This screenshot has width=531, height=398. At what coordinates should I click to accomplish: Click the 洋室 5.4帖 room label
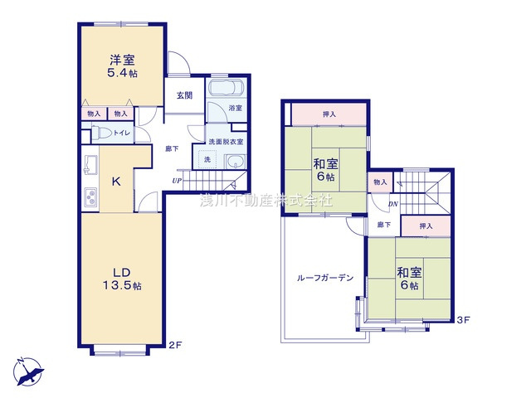(x=124, y=66)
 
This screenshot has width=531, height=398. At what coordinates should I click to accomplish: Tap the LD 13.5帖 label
(x=123, y=277)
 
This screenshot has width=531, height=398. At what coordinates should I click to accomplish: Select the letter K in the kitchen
(x=117, y=181)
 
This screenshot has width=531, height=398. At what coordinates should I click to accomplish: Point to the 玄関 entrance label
(x=184, y=95)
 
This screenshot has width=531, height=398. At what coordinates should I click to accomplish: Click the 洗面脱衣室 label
(x=226, y=142)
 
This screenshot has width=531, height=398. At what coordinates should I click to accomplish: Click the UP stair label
(x=177, y=181)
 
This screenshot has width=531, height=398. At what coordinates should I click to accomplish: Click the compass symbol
(x=27, y=370)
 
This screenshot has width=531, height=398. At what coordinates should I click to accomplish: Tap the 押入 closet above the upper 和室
(x=329, y=114)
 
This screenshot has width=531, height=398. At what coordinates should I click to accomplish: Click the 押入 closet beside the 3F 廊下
(x=425, y=225)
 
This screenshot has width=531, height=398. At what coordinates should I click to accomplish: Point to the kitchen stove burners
(x=89, y=197)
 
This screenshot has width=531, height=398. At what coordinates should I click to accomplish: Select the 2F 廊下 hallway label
(x=170, y=148)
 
